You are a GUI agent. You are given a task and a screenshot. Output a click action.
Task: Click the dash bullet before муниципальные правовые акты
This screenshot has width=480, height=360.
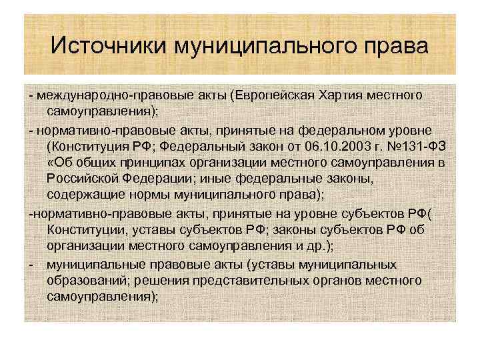pos(32,263)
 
